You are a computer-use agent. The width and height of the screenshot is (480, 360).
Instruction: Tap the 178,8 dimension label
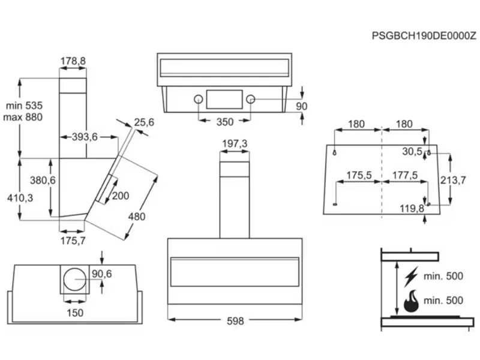[x=73, y=61]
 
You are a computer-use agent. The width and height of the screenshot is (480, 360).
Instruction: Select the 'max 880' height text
[x=23, y=117]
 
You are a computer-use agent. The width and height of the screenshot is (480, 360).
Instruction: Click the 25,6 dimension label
[x=144, y=122]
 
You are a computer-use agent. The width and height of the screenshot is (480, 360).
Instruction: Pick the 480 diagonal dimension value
[x=136, y=217]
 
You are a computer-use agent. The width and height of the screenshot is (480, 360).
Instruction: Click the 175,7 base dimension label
[x=72, y=241]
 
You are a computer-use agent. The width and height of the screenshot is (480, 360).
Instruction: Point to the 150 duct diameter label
[x=75, y=312]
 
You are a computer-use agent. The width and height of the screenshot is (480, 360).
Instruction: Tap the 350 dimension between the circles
[x=224, y=122]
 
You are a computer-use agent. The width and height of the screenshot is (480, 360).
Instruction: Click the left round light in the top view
[x=198, y=100]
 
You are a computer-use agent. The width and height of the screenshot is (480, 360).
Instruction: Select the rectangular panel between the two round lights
[x=224, y=100]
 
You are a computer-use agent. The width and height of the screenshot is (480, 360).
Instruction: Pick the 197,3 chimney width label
[x=235, y=144]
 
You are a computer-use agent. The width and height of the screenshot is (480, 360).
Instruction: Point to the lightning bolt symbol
[x=411, y=277]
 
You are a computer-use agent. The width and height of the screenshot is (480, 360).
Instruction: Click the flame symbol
[x=411, y=301]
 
